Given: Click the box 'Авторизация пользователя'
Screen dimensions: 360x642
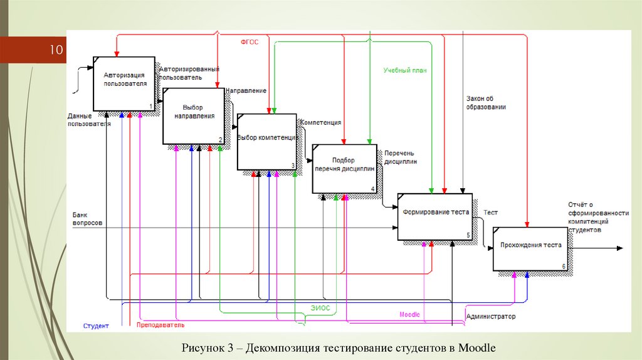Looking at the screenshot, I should coord(124,83).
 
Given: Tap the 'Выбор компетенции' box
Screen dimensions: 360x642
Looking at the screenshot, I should coord(266,142).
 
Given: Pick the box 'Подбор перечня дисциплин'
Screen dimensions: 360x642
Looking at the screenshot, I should coord(345,169).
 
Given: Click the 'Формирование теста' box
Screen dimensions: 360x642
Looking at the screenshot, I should coord(435,216).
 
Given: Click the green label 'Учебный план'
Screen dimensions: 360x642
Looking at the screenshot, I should coord(405,71).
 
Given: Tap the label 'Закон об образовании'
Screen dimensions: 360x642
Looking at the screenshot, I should coord(486,102).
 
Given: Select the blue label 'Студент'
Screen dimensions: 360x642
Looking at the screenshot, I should coord(96,326).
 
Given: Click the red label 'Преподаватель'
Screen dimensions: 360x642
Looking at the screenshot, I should coord(160,326).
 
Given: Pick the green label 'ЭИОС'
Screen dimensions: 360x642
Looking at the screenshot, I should coord(320,308).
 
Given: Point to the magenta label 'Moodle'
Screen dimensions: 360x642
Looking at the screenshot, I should coord(409,314).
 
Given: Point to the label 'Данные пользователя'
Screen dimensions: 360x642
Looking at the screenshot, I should coord(89,120).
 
